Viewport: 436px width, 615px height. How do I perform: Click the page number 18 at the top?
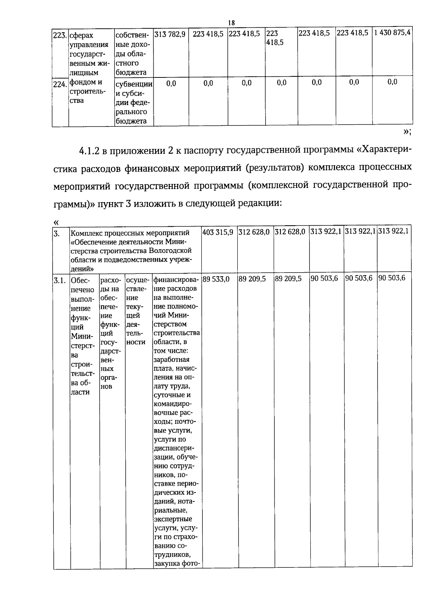231,23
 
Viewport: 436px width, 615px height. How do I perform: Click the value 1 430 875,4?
392,32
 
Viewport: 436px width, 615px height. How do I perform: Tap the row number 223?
59,36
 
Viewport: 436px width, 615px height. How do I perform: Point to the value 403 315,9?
218,232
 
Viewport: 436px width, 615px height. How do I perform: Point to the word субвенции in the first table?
133,84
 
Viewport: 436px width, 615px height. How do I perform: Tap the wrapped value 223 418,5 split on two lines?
275,38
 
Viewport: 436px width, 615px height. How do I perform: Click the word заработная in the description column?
171,359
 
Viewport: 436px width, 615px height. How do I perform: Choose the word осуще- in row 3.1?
137,280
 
